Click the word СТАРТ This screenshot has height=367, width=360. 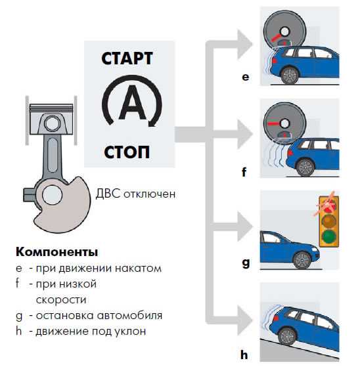tap(127, 58)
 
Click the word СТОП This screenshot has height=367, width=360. tap(127, 152)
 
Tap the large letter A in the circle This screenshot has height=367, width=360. tap(132, 102)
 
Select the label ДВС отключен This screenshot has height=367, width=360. tap(135, 194)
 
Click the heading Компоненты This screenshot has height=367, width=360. tap(56, 252)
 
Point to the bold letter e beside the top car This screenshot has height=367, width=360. tap(246, 77)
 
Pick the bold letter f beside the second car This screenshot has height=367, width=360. tap(244, 172)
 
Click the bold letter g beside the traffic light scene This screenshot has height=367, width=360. tap(246, 263)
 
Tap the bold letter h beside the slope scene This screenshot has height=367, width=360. tap(244, 355)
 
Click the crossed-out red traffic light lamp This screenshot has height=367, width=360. tap(329, 205)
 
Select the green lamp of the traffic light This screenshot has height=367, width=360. tap(329, 236)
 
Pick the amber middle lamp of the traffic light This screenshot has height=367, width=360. tap(329, 221)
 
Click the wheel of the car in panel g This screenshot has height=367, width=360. tap(302, 260)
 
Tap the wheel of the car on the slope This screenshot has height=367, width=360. tap(288, 337)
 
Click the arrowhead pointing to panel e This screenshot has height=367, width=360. tap(245, 44)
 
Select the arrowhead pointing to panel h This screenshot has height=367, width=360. tap(245, 320)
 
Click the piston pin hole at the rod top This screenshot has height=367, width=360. tap(52, 123)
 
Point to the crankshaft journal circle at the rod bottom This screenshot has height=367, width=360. tap(52, 195)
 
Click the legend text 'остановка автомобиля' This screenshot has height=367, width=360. tap(99, 316)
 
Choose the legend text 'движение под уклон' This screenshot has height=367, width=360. tap(91, 332)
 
